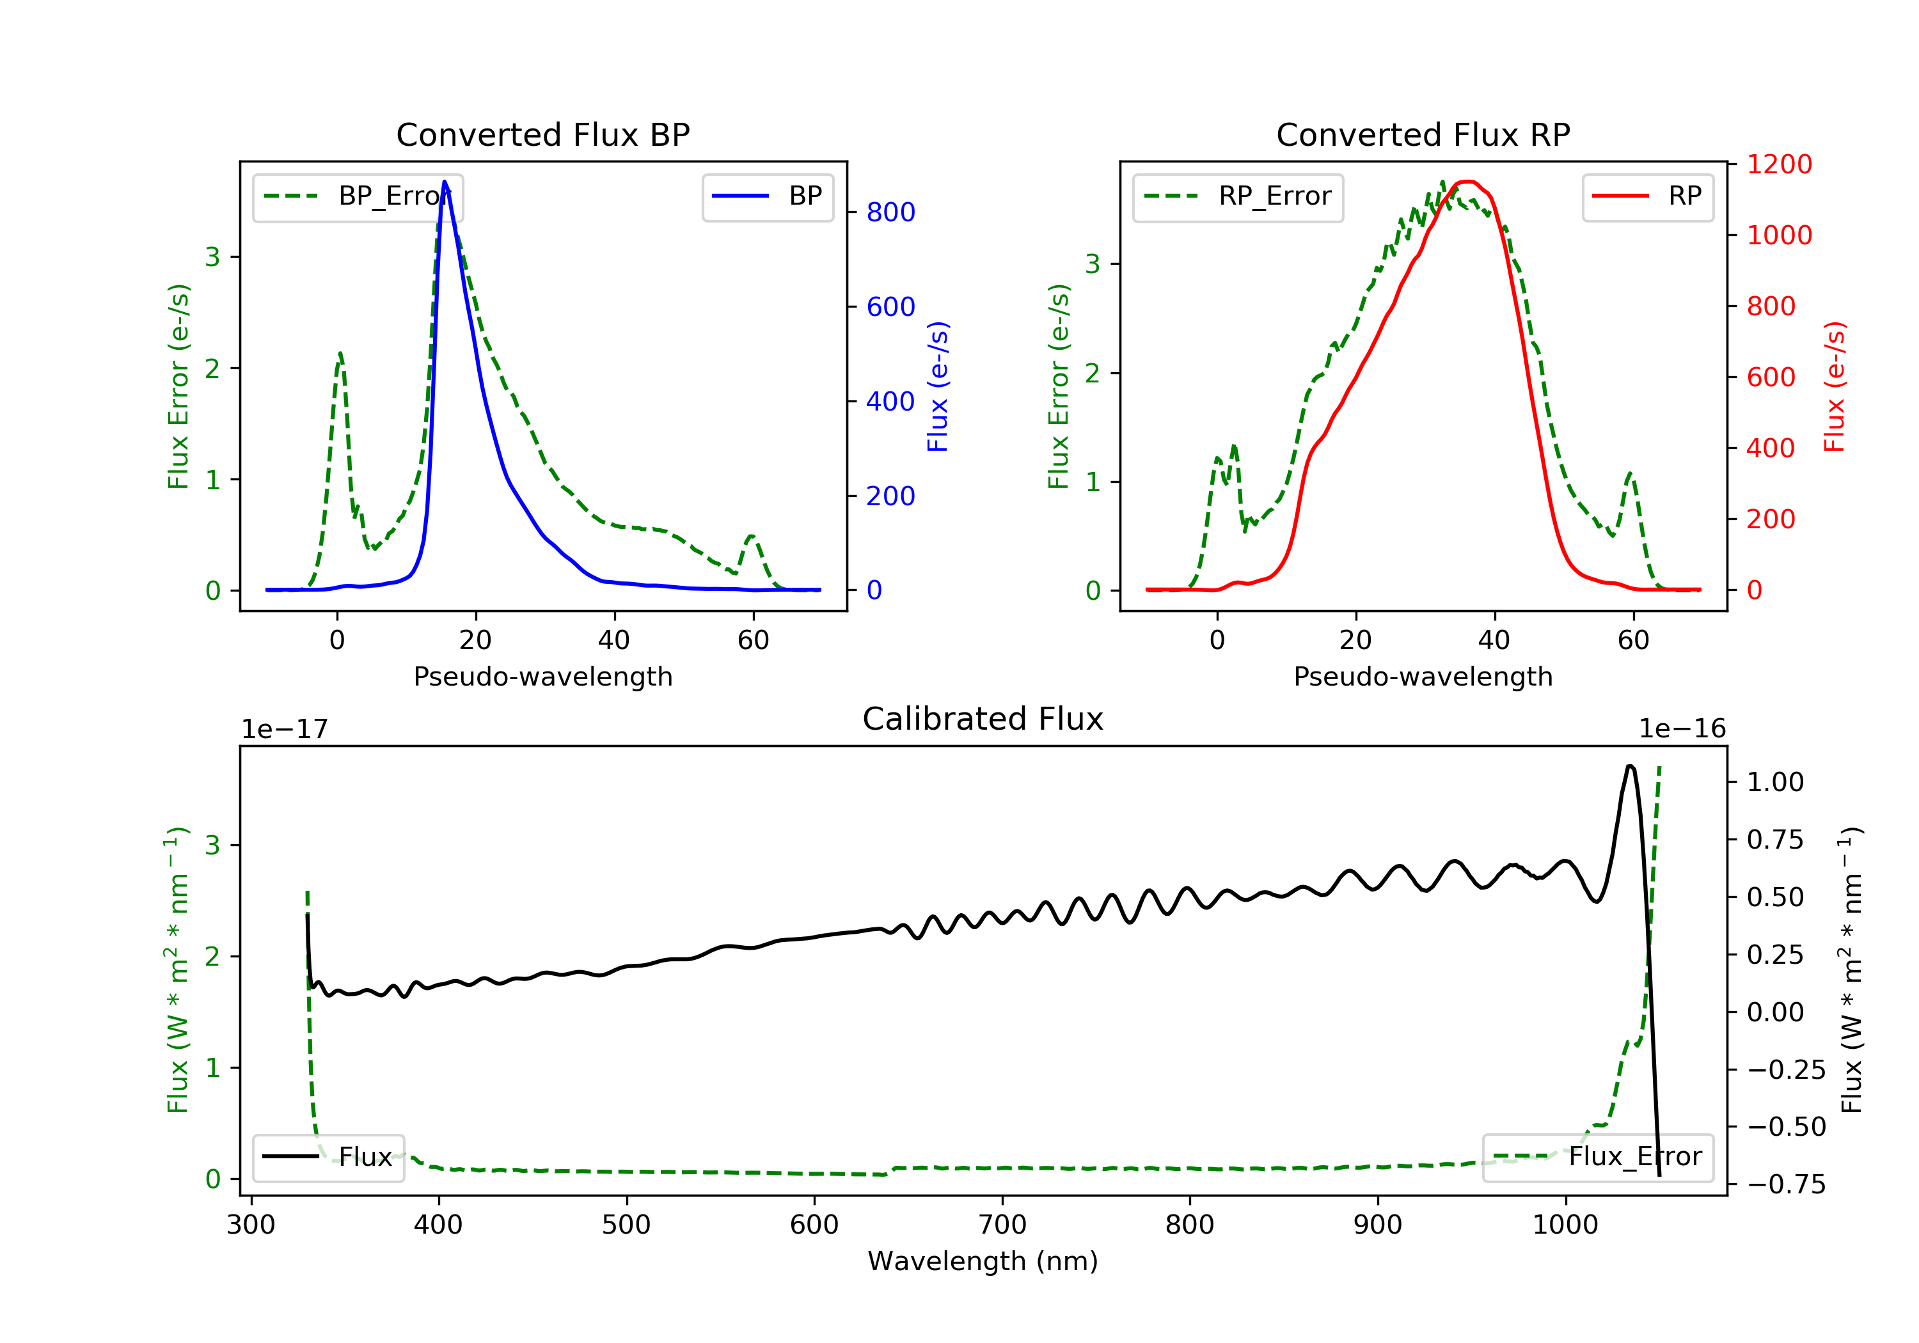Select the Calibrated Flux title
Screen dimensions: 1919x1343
coord(983,719)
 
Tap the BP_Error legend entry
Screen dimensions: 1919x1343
coord(358,196)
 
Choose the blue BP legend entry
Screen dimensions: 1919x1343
coord(767,196)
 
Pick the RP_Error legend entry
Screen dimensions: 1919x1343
coord(1238,196)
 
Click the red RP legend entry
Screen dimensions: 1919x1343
coord(1647,196)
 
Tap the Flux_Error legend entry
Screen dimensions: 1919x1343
coord(1598,1158)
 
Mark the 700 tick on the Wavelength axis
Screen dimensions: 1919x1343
coord(1002,1225)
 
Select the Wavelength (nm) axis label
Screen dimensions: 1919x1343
coord(983,1262)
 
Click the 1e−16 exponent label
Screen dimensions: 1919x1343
coord(1682,730)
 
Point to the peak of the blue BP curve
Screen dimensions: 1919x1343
coord(445,182)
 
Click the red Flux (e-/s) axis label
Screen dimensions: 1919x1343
coord(1835,387)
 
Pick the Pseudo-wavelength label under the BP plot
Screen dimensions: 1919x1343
coord(543,677)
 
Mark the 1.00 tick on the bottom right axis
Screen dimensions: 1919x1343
coord(1775,783)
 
